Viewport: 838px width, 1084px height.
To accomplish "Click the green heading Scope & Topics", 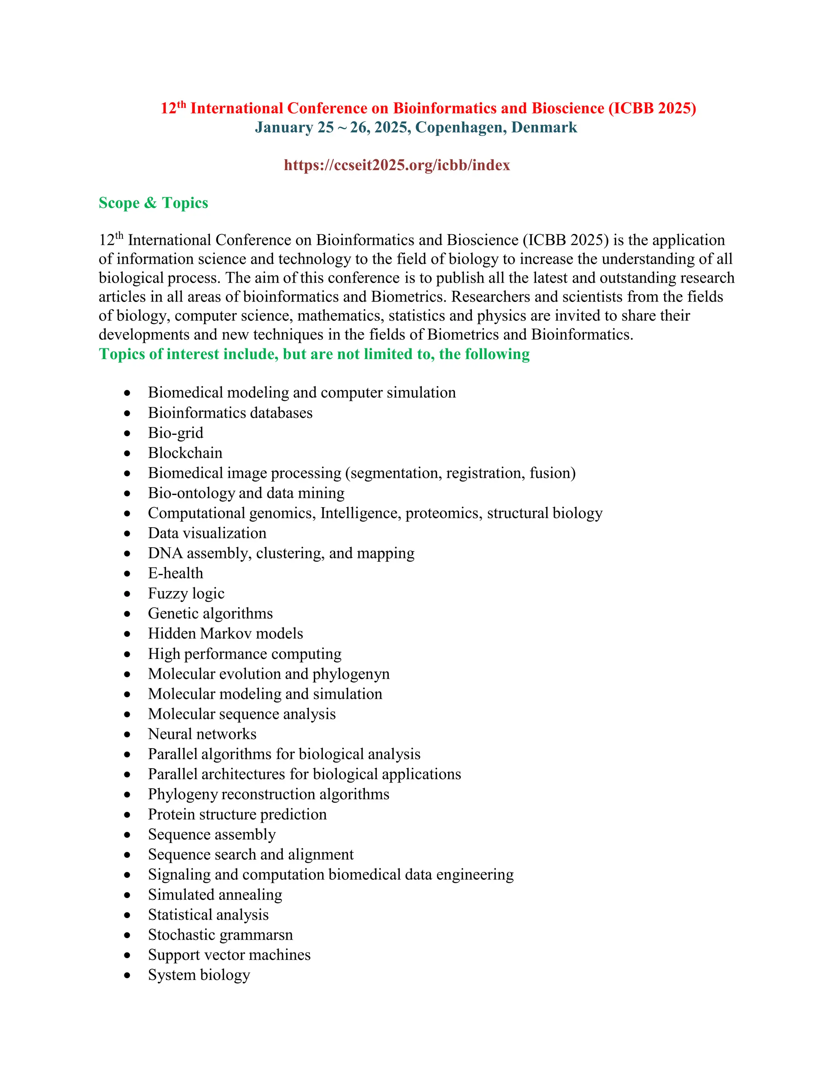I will click(x=153, y=203).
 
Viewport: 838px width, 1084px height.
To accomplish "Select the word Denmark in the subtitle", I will click(x=544, y=128).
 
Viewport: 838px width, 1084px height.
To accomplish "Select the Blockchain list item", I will click(x=185, y=453).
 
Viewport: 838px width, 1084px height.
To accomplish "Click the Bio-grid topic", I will click(x=176, y=433).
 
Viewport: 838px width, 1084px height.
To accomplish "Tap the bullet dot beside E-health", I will click(x=128, y=574).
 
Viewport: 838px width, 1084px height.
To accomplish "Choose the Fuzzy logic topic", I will click(x=186, y=594).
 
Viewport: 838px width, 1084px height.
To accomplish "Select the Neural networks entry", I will click(x=202, y=734).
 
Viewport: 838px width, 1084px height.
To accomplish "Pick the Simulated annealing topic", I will click(x=215, y=895).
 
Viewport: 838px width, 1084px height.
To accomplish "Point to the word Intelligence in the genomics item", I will click(x=360, y=513).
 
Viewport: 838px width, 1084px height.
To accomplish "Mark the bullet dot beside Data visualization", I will click(x=128, y=533).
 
